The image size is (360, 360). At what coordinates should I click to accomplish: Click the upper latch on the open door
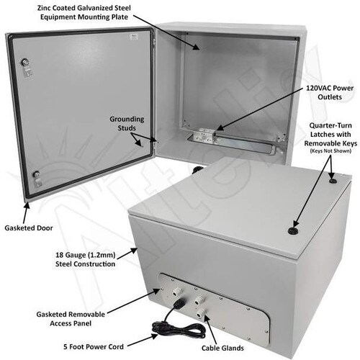pos(26,66)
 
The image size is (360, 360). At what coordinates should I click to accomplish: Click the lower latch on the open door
pos(37,178)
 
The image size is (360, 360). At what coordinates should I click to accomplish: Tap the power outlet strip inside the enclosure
pos(206,136)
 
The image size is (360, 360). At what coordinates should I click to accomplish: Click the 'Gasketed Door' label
pos(29,228)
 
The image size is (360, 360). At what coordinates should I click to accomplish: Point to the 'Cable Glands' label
pos(222,348)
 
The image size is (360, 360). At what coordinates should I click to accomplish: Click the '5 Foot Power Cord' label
pos(94,347)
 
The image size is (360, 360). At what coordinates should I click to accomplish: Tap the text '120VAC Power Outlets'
pos(330,92)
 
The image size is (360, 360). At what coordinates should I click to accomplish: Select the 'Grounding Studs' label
pos(127,123)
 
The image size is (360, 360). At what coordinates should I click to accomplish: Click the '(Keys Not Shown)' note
pos(330,151)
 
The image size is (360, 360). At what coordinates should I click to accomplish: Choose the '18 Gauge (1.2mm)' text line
pos(86,255)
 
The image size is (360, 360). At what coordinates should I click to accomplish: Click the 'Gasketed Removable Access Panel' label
pos(71,319)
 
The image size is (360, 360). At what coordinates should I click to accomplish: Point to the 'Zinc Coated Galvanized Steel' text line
pos(84,8)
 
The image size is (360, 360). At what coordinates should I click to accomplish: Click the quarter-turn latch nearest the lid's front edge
pos(293,230)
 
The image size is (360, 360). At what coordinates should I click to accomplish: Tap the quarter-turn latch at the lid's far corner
pos(332,181)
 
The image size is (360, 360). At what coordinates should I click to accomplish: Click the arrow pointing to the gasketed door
pos(26,213)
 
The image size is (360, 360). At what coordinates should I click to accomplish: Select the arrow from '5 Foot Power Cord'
pos(143,340)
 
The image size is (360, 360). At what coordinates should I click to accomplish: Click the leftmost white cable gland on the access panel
pos(177,292)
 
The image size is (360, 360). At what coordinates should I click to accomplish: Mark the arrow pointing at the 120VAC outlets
pos(260,109)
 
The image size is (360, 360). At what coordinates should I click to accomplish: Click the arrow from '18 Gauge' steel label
pos(127,254)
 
